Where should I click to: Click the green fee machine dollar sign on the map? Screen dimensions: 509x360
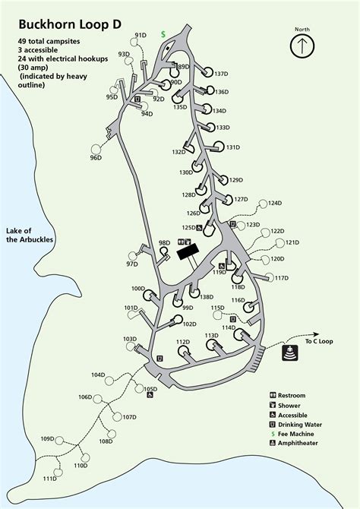coord(163,35)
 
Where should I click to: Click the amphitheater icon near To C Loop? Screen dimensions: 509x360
coord(290,354)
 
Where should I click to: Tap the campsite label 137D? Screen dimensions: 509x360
coord(221,74)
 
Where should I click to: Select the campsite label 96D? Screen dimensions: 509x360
coord(95,158)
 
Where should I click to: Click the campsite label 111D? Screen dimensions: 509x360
coord(49,479)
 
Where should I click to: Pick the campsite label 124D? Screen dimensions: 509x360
coord(274,203)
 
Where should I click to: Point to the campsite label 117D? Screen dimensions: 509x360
coord(282,278)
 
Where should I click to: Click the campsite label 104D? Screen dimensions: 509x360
coord(98,375)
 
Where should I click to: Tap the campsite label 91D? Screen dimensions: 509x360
coord(141,35)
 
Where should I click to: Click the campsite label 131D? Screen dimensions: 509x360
coord(232,147)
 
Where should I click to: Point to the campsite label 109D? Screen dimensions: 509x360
coord(47,439)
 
